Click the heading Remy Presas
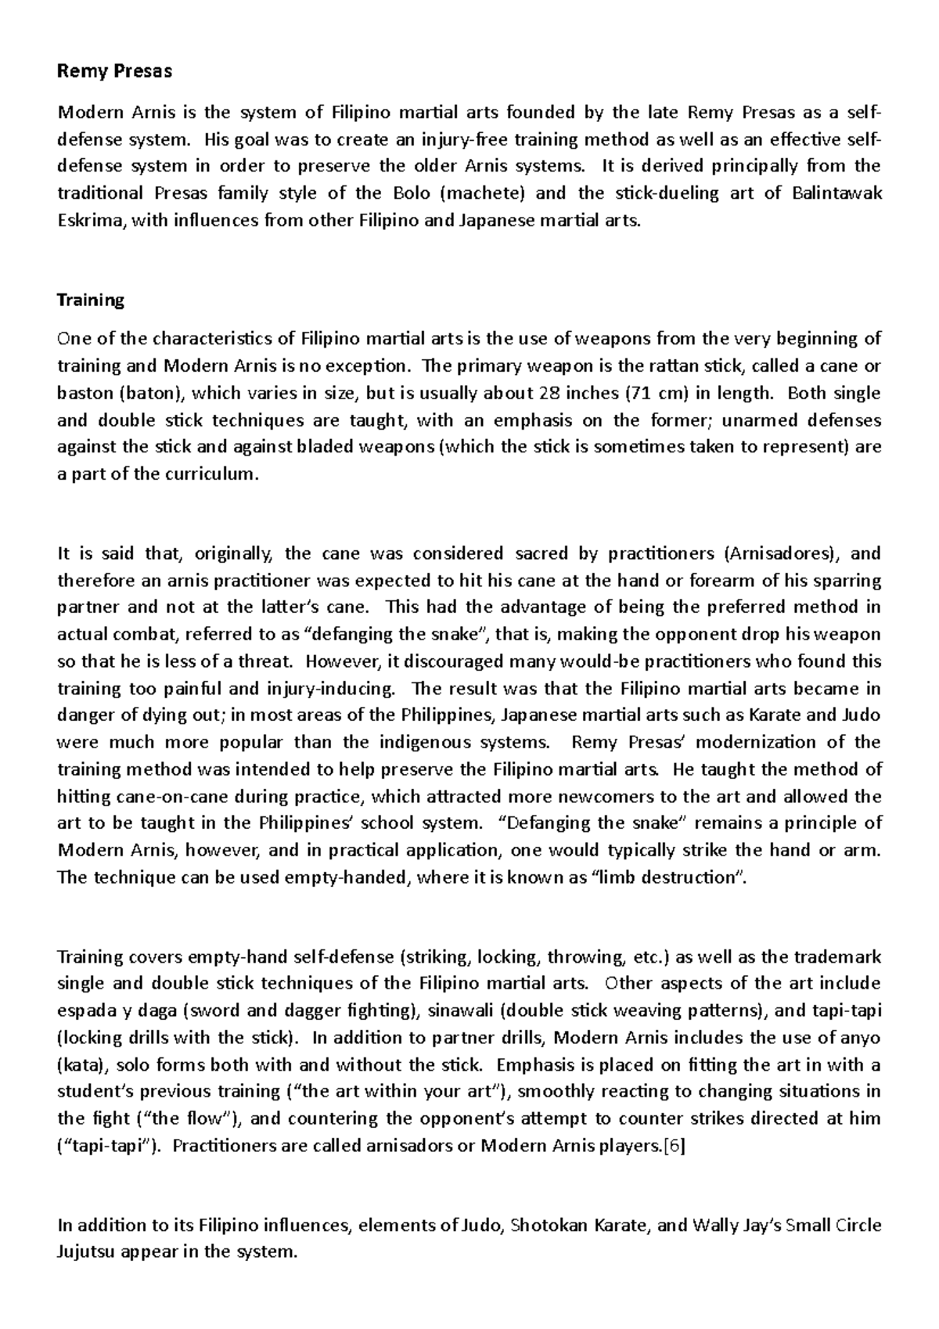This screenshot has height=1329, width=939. [x=114, y=71]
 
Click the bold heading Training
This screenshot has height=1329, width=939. [x=90, y=300]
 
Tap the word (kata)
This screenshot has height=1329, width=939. [x=80, y=1064]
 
